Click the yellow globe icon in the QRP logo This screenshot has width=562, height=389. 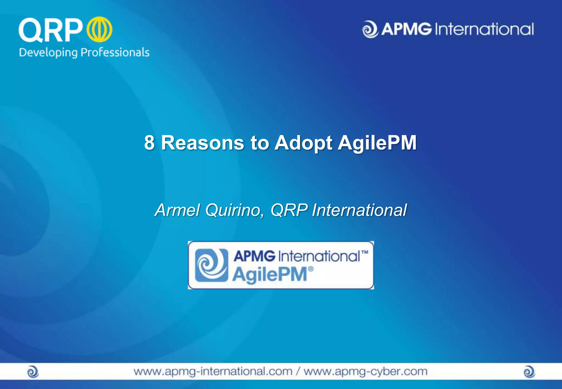(99, 29)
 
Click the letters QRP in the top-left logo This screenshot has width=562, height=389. (51, 30)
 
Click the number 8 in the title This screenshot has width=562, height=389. (149, 143)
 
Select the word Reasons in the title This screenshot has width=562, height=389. (202, 143)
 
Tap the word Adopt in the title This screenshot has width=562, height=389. (304, 143)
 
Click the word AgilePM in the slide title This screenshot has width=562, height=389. (377, 143)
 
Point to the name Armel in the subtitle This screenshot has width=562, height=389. (177, 210)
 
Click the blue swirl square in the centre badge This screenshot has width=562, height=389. (211, 265)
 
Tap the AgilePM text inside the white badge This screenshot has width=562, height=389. (270, 274)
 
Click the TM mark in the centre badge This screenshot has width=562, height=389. (365, 252)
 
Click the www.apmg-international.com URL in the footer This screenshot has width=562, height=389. (213, 371)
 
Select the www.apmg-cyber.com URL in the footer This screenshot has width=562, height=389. (366, 371)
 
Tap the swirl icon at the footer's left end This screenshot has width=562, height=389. (33, 372)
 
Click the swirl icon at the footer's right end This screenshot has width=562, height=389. (529, 372)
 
